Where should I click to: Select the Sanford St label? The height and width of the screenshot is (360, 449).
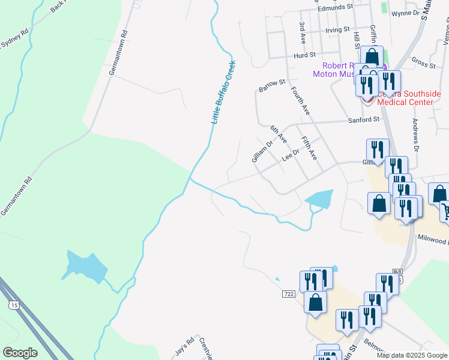[x=364, y=119]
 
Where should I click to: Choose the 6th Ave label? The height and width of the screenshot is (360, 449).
[x=279, y=134]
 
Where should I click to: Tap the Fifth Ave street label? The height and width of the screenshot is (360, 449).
[x=309, y=148]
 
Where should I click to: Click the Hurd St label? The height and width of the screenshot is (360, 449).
[x=305, y=55]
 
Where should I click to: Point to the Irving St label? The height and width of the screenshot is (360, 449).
[x=337, y=29]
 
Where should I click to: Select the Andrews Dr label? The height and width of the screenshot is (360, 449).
[x=415, y=134]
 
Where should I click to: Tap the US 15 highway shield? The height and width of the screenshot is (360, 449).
[x=13, y=305]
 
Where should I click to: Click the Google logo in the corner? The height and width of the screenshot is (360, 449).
[x=20, y=353]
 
